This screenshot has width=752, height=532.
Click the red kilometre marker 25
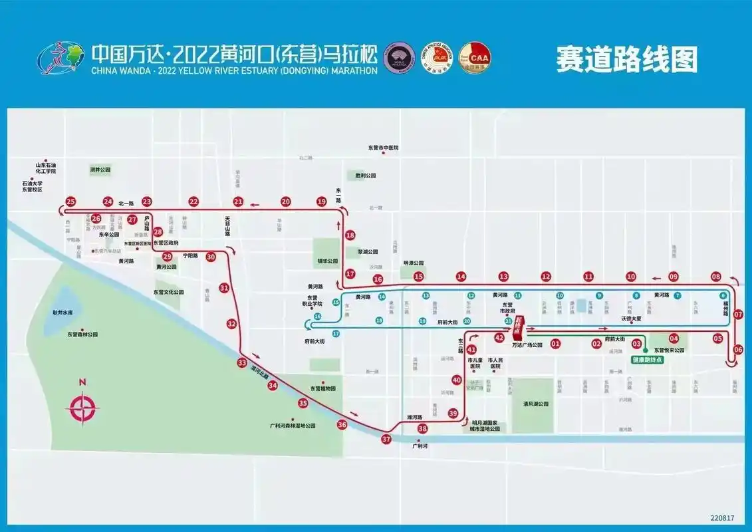click(x=71, y=201)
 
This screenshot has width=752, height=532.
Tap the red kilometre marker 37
click(x=386, y=439)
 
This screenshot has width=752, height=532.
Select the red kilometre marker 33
click(x=241, y=362)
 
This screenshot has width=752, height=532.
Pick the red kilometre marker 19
click(x=322, y=201)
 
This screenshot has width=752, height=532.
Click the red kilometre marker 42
click(x=499, y=338)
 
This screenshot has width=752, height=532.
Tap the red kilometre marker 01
click(x=555, y=344)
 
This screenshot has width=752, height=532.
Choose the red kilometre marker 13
click(x=503, y=277)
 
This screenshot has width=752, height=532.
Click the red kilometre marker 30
click(x=211, y=257)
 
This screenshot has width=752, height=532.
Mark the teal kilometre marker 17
click(x=336, y=333)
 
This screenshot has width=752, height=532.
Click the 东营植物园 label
click(x=323, y=388)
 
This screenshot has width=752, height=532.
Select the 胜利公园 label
click(x=365, y=176)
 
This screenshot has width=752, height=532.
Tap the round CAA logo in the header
click(x=475, y=59)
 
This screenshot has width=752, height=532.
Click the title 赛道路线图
click(x=627, y=59)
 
